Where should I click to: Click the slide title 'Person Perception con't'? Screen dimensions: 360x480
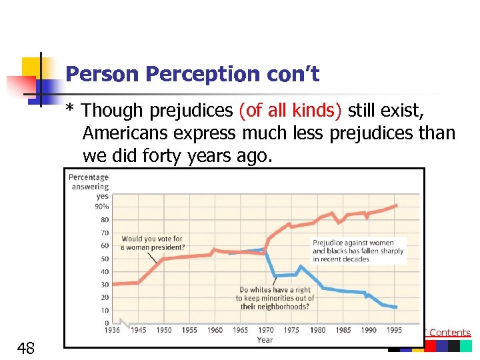193,74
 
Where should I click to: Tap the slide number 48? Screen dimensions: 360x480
27,347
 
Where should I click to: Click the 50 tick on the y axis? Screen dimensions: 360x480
104,259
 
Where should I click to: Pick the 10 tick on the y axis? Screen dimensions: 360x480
104,310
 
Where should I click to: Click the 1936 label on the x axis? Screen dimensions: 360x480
111,330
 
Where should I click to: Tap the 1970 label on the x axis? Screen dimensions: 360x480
266,330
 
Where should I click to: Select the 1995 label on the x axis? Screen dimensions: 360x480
395,330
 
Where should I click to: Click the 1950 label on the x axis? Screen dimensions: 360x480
163,330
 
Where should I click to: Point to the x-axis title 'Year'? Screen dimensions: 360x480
265,339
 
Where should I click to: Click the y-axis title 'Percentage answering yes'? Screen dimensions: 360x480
89,187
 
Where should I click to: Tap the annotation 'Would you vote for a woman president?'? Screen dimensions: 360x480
151,243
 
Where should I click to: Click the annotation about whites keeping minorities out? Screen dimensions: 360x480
275,298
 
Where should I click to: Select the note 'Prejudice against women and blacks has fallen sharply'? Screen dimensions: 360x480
358,251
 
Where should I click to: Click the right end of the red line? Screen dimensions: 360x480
397,205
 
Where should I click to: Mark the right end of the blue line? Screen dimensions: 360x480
397,307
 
